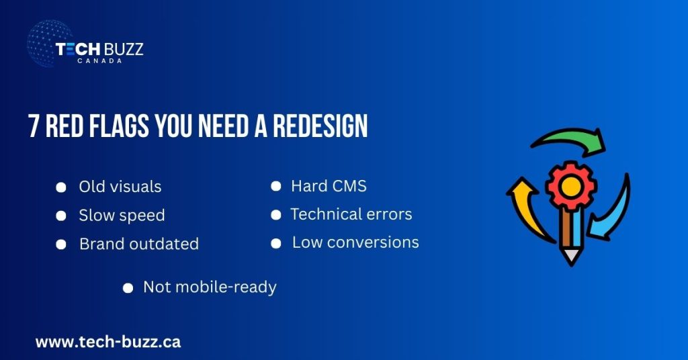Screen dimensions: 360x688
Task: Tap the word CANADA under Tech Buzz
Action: (99, 60)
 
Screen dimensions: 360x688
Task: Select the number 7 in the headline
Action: (34, 127)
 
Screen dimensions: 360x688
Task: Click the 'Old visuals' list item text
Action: (120, 187)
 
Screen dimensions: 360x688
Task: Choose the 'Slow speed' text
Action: (122, 216)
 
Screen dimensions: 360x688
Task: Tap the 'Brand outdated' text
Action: (139, 244)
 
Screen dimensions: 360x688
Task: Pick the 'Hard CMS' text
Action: (329, 186)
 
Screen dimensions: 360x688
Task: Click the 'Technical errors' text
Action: (351, 214)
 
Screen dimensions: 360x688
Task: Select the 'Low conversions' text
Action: (355, 242)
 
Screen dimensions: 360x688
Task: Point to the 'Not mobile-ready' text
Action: (210, 287)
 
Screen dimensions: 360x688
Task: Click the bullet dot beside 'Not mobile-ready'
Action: (128, 288)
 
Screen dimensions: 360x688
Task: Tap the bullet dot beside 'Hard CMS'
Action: (275, 187)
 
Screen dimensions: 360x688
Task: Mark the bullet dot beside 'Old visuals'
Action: (61, 187)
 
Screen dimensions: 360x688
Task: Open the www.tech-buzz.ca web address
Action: (108, 342)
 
